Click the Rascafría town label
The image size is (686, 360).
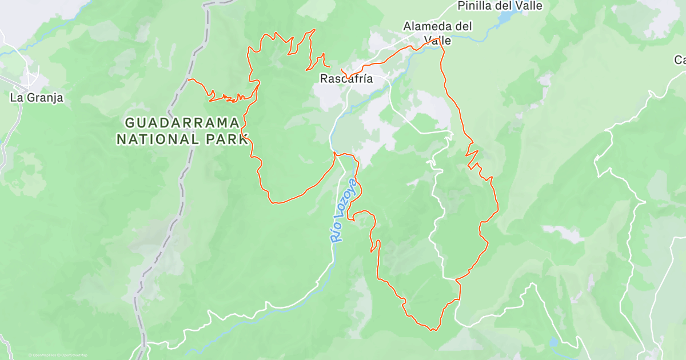click(x=346, y=79)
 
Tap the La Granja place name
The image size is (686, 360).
click(x=37, y=98)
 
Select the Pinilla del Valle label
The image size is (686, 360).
click(x=500, y=6)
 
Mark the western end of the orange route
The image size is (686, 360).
click(x=188, y=79)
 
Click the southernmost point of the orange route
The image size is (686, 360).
click(x=433, y=330)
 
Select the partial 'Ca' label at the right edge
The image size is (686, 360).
click(x=680, y=60)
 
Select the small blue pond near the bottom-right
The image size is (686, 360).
click(x=553, y=343)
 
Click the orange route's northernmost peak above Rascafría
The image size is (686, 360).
click(x=314, y=30)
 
